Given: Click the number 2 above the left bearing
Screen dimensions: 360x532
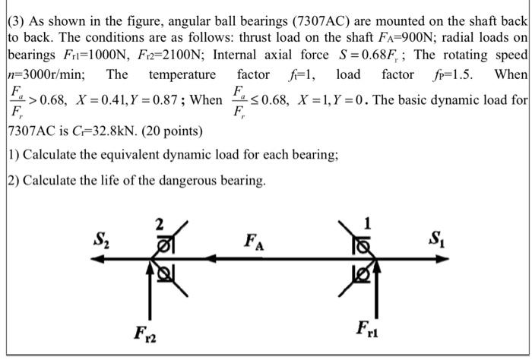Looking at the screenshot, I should point(159,223).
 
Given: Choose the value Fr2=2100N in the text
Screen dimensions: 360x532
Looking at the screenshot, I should point(161,55).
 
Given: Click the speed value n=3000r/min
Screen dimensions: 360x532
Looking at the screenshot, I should point(45,74).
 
